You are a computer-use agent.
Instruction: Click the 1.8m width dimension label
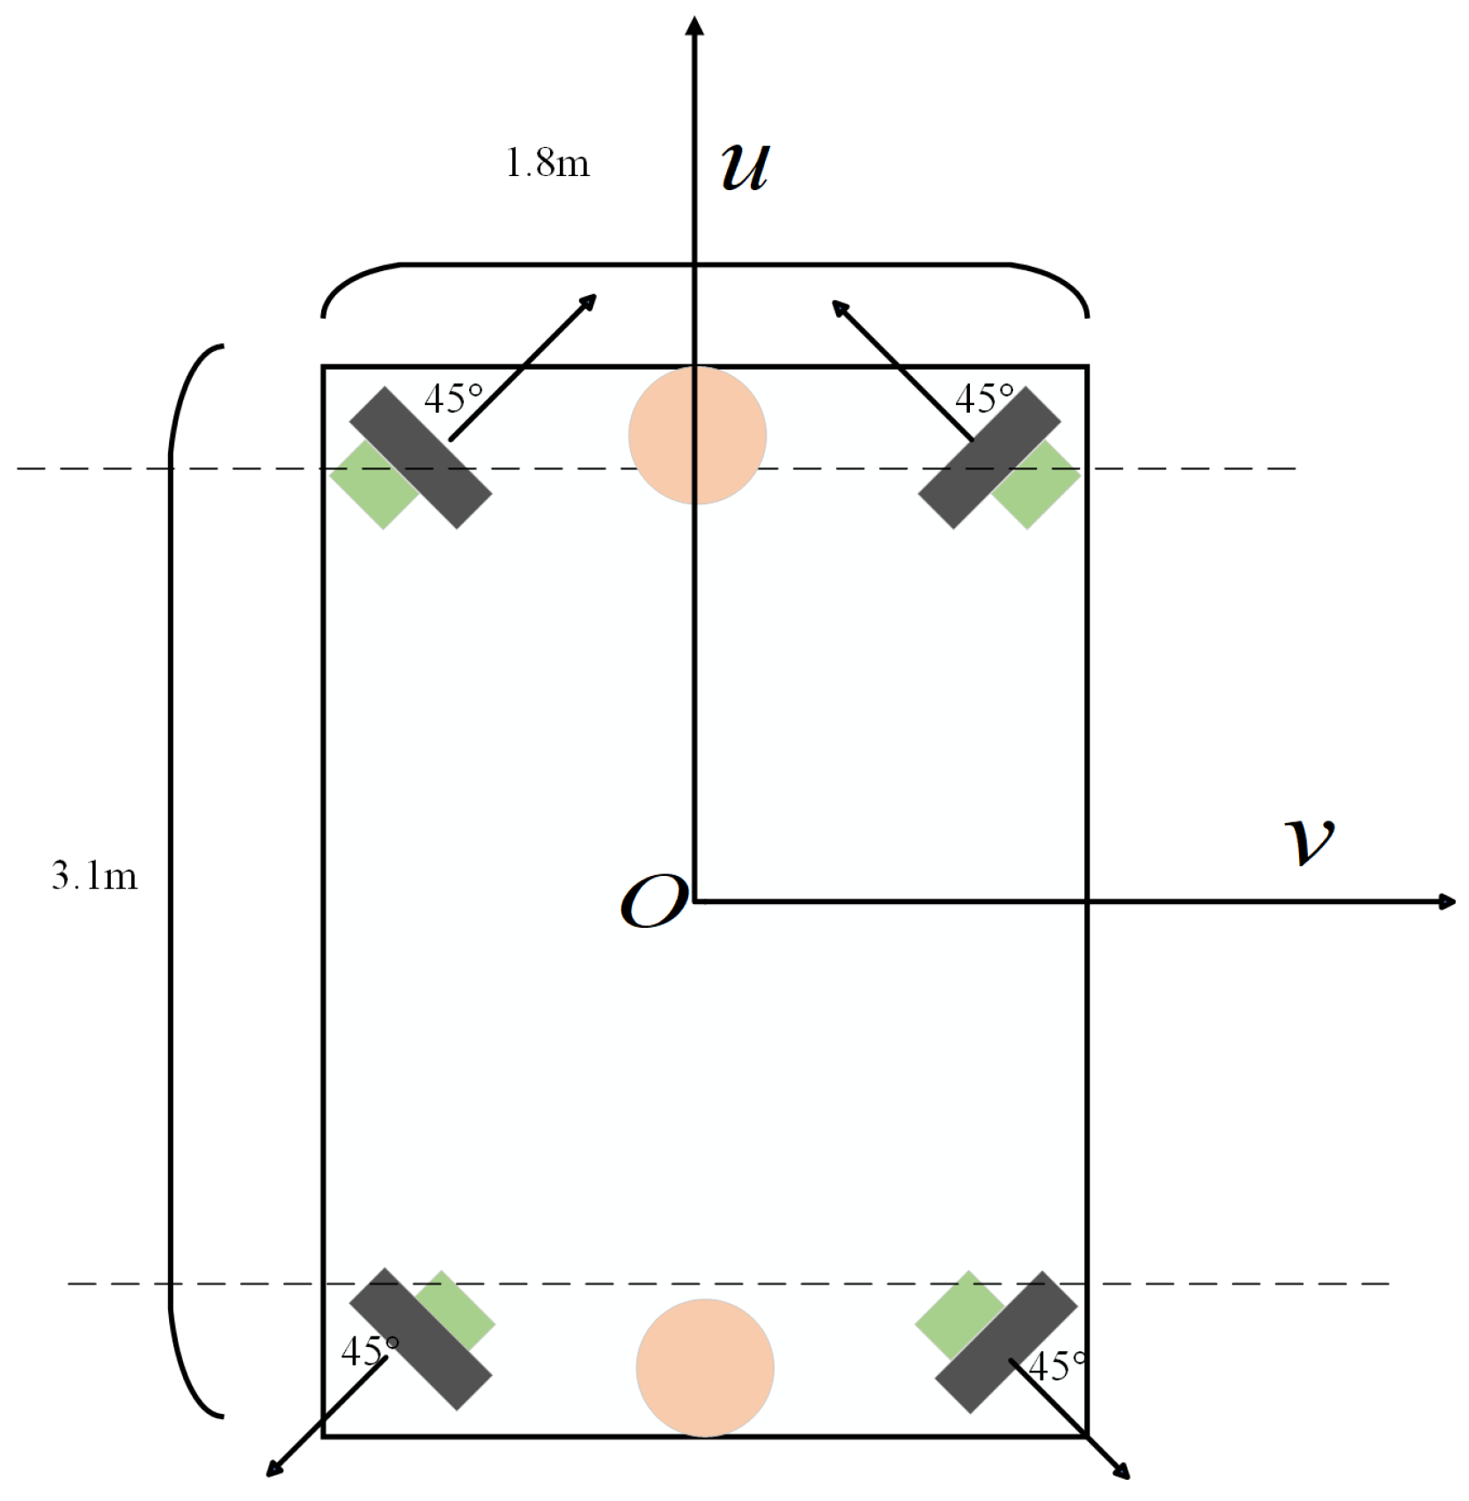coord(547,163)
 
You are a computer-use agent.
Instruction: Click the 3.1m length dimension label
coord(94,876)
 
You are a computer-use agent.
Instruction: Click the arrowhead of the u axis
coord(694,26)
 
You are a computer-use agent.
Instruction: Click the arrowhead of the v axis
coord(1445,901)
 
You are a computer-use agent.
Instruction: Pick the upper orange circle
coord(697,436)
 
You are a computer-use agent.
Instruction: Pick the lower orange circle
coord(705,1367)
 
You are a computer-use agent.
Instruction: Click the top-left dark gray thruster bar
coord(421,458)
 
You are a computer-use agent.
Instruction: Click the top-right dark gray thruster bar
coord(989,458)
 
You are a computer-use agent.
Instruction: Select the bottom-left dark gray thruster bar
coord(421,1338)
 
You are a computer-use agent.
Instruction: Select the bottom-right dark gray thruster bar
coord(1006,1342)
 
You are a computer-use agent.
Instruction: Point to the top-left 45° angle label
coord(453,399)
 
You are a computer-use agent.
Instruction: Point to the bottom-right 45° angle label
coord(1057,1367)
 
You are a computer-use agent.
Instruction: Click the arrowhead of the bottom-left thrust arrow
coord(275,1468)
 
